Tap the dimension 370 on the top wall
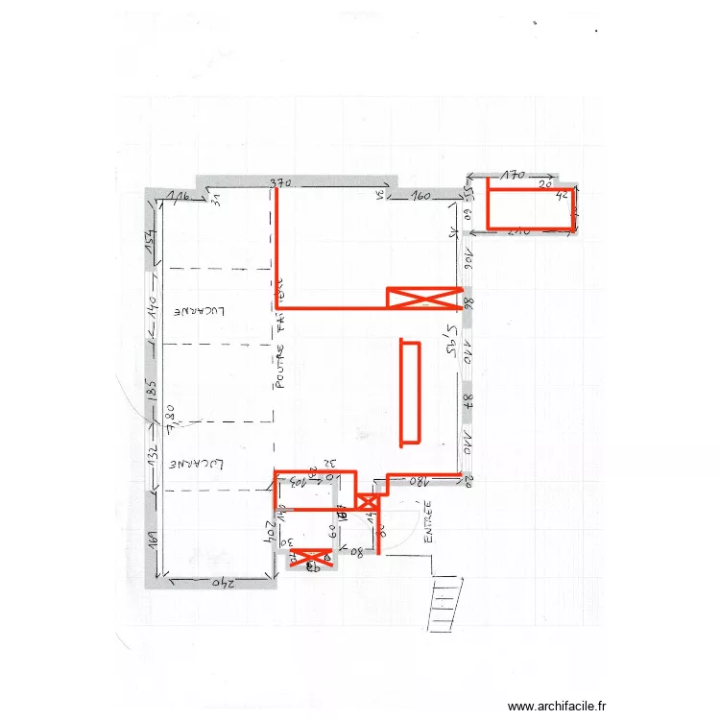pos(279,182)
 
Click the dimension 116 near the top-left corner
pos(178,197)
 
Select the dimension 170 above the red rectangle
pos(514,176)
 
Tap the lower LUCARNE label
pos(198,465)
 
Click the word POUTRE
pos(280,369)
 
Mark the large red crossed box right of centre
pos(423,299)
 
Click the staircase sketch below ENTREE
pos(447,600)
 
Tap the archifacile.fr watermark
pos(557,706)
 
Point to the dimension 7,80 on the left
pos(169,420)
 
